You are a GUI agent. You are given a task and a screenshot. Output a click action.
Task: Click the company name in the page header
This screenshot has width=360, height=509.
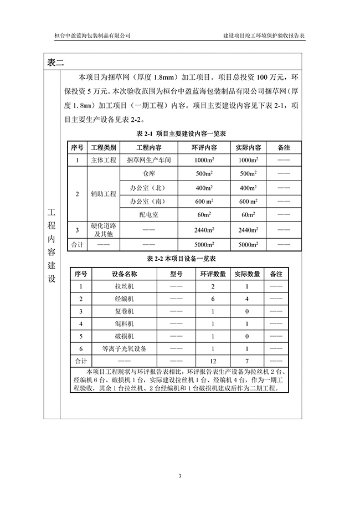coord(92,35)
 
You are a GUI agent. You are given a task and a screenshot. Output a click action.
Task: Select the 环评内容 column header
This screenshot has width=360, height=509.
coord(204,148)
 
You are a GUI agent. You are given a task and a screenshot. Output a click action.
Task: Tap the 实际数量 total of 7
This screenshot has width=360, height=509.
coord(246,361)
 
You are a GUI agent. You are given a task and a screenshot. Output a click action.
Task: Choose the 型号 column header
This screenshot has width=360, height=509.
coord(176,274)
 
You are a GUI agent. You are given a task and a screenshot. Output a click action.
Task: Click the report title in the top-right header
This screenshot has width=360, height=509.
coord(268,35)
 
